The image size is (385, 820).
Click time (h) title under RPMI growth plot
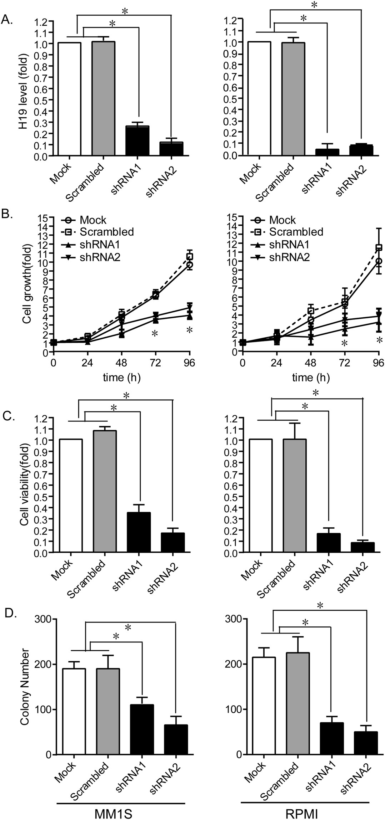311,377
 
